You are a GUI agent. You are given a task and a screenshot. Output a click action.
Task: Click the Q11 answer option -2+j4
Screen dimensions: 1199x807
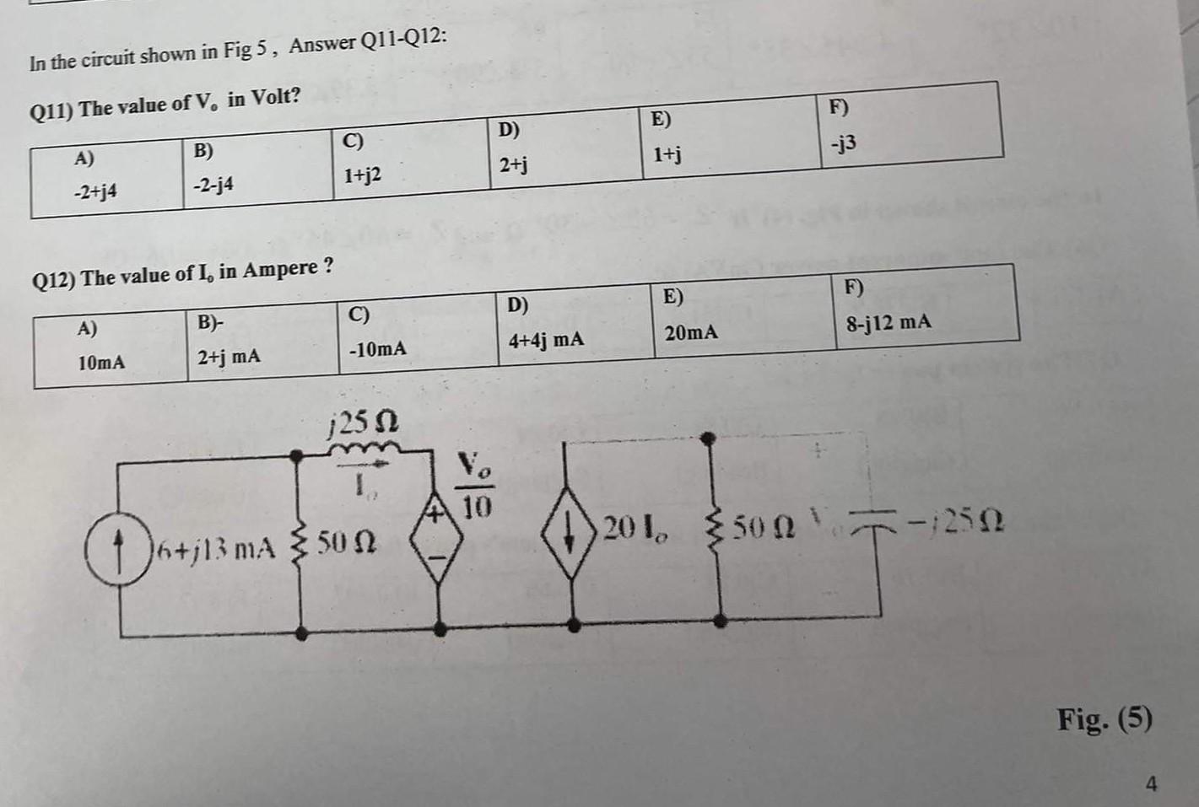pos(95,191)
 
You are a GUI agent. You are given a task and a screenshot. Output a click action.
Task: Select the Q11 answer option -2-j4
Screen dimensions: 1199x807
pos(213,185)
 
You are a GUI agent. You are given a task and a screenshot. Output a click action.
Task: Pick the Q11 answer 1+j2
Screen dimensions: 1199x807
pos(363,175)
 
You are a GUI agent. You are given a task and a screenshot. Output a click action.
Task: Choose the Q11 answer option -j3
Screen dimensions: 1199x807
pos(842,144)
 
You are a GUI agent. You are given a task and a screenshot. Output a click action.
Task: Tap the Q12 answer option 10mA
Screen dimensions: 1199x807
pos(100,363)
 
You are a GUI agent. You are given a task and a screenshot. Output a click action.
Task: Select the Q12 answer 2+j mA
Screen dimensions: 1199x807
pos(229,357)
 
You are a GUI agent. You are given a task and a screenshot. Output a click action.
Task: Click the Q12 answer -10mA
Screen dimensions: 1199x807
pos(377,348)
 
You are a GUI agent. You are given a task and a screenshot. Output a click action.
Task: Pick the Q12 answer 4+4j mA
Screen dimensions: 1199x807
pos(546,340)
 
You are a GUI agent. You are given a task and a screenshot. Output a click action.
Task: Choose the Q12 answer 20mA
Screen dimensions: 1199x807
pos(691,332)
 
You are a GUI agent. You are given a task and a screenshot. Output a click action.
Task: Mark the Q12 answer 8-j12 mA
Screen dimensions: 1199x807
pos(890,321)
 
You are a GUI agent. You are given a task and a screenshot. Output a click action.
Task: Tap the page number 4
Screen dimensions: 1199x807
pos(1152,785)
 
